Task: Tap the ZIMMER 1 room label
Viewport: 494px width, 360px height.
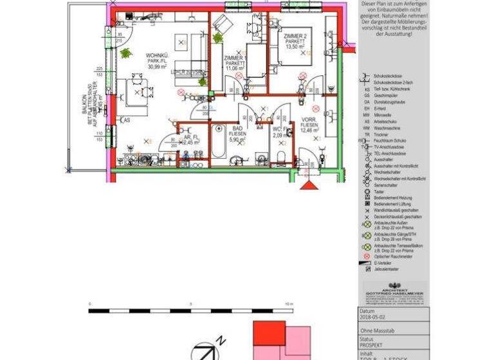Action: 235,59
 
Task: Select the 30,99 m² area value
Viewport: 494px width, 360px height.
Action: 157,66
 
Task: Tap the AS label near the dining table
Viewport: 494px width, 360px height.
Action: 127,120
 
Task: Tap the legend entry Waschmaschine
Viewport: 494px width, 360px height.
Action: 386,128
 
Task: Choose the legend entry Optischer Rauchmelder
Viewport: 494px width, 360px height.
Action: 393,256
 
